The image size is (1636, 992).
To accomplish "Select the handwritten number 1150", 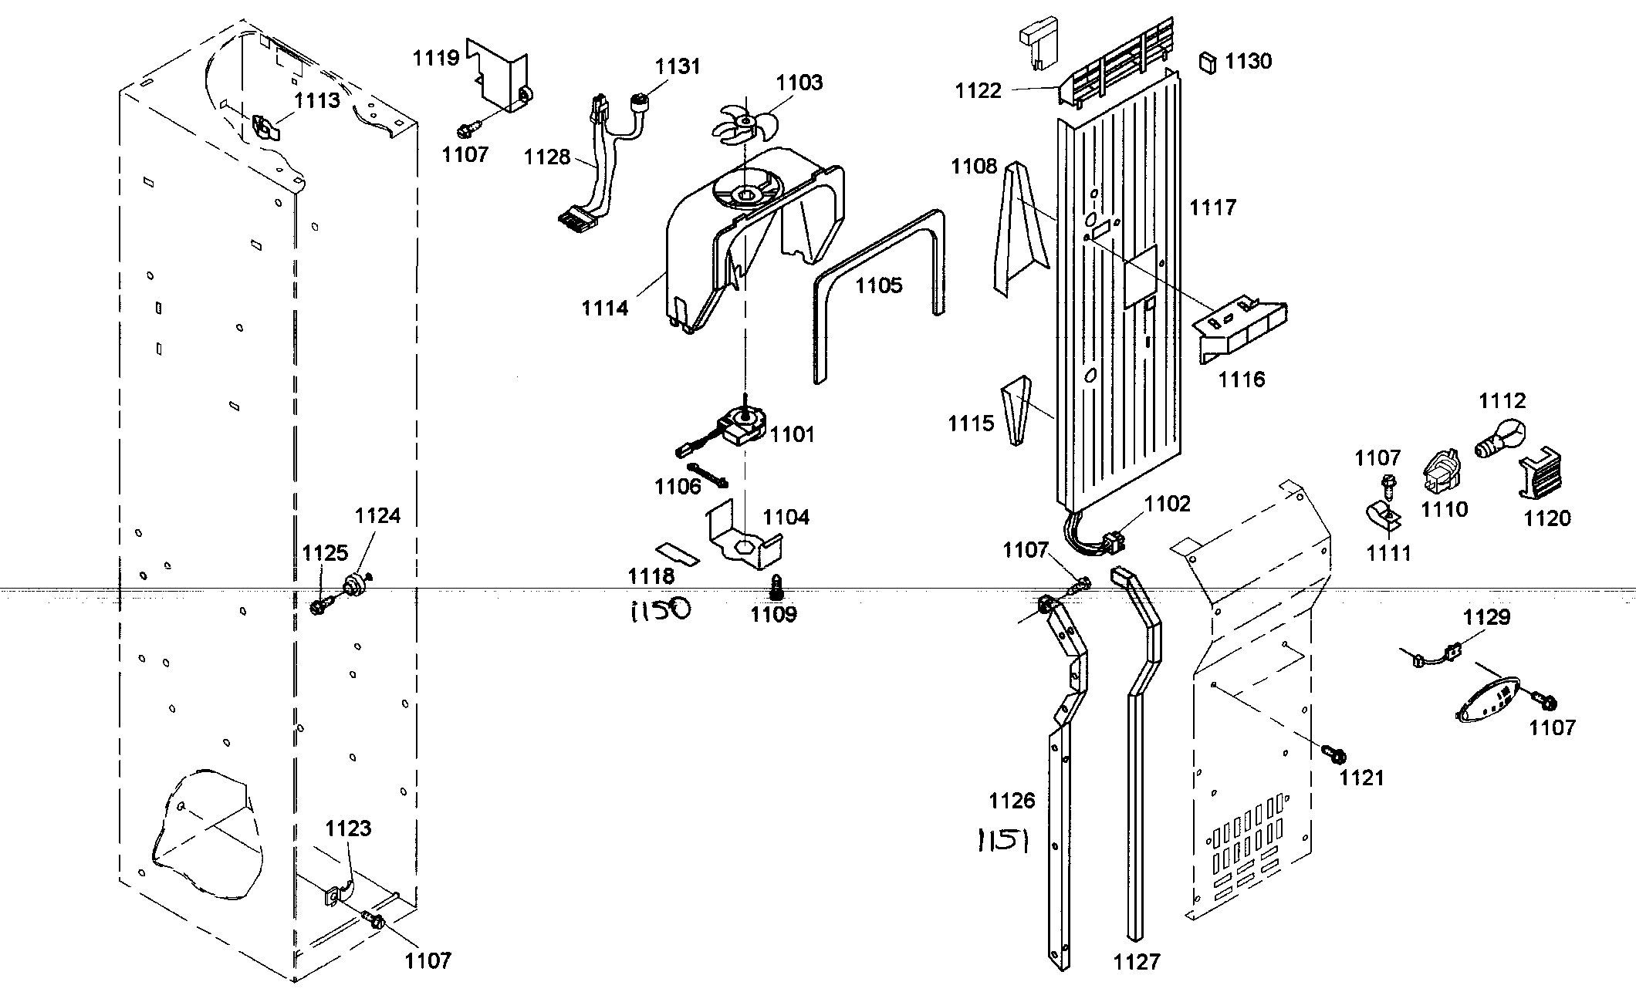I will point(659,611).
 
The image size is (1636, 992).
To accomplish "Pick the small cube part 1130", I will point(1208,62).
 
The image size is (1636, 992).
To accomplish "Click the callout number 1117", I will point(1213,207).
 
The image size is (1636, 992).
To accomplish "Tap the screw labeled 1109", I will point(776,588).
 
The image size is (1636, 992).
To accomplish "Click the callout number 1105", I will point(878,285).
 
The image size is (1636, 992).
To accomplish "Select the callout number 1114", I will point(605,308).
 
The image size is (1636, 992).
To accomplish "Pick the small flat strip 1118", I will point(677,552).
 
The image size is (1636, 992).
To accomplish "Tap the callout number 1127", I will point(1137,961).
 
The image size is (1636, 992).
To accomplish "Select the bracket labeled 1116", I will point(1241,330).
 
